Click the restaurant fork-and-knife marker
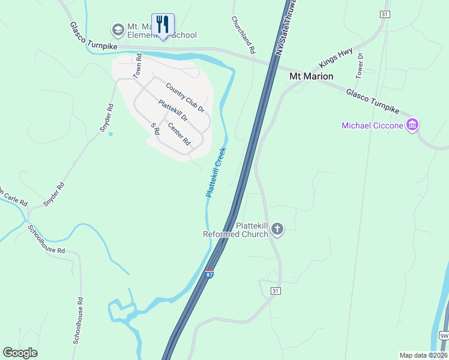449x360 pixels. [163, 25]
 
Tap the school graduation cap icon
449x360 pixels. [117, 29]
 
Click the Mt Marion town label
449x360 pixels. [311, 77]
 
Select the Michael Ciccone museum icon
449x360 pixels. [412, 125]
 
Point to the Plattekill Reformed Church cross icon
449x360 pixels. [277, 229]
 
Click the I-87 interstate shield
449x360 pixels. [208, 274]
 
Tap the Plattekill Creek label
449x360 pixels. [215, 172]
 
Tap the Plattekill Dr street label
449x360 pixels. [173, 111]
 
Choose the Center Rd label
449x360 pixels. [179, 134]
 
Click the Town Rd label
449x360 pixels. [137, 66]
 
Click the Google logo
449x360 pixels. [20, 353]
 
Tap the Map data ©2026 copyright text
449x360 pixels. [424, 355]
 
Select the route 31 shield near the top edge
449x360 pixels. [385, 14]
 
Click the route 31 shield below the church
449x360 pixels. [276, 291]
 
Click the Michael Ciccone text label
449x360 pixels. [372, 125]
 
